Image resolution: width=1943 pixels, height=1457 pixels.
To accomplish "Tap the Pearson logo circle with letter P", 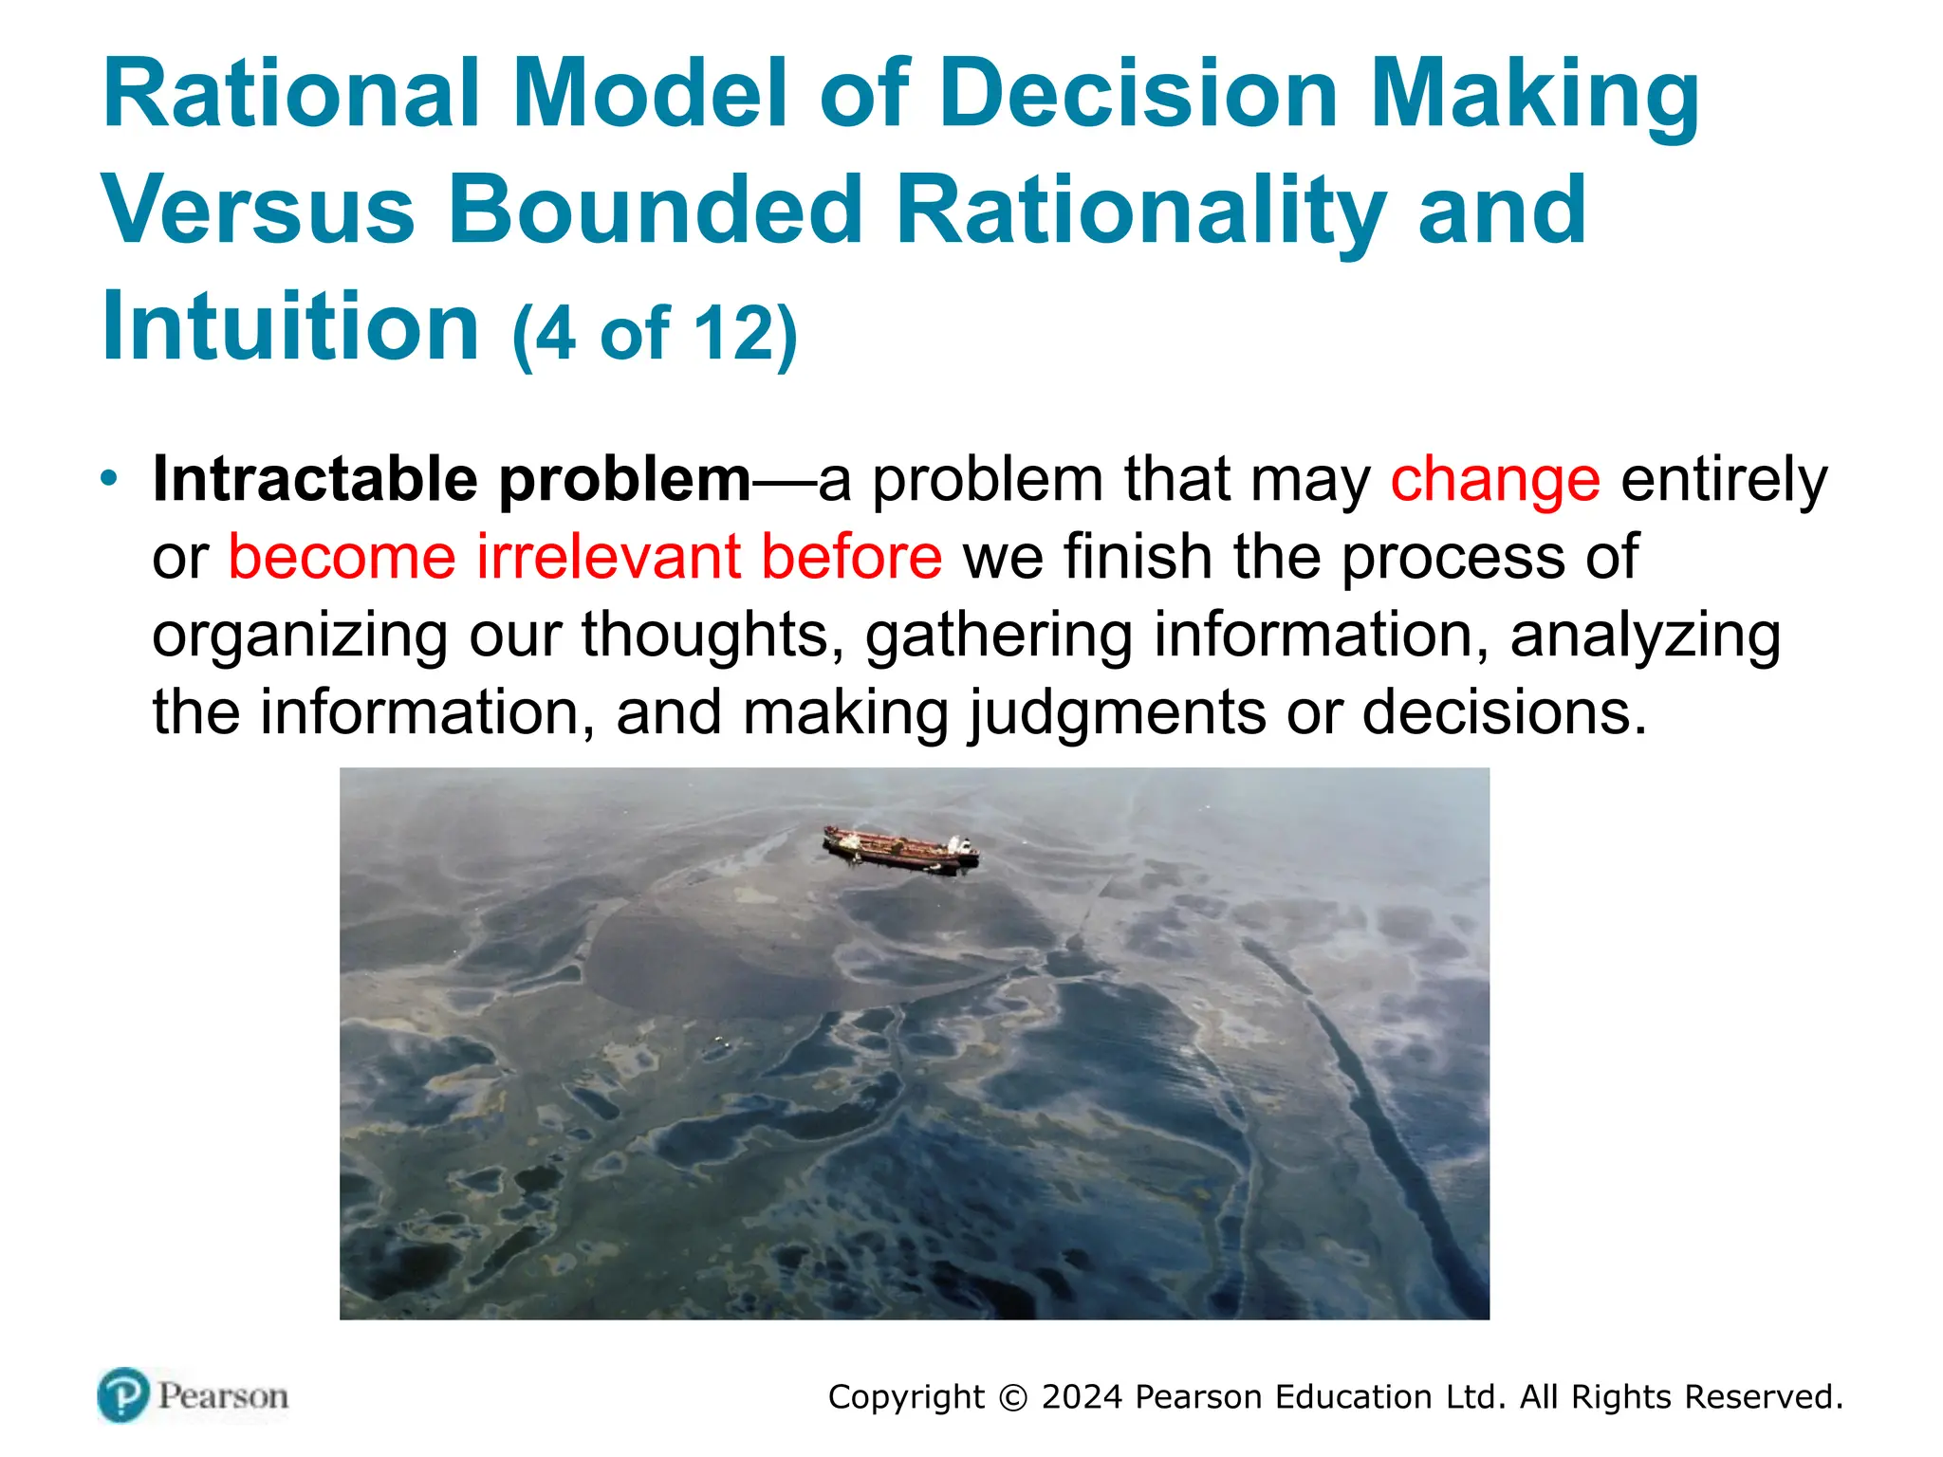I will click(123, 1395).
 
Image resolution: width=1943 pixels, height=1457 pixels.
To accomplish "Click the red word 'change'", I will click(1495, 479).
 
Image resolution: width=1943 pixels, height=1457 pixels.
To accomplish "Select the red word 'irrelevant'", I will click(607, 557).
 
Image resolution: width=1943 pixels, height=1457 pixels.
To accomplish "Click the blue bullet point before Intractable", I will click(110, 477).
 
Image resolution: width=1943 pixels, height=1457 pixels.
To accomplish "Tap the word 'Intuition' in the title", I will click(290, 326).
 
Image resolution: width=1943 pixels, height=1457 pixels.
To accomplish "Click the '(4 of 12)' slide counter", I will click(655, 334).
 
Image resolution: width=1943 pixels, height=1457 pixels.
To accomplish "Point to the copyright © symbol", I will click(1013, 1398).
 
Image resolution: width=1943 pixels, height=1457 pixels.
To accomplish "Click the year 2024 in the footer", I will click(1082, 1397).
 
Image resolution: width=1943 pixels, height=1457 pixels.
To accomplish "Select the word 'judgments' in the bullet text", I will click(1116, 713).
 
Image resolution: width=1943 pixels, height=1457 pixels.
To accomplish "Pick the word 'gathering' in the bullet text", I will click(998, 636).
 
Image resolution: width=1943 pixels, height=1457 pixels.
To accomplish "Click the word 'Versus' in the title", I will click(258, 210).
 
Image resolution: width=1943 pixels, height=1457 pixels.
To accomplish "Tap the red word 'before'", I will click(851, 557).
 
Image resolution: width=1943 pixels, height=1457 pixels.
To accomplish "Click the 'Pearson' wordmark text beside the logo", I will click(223, 1396).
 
